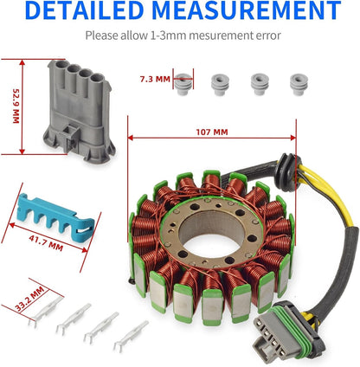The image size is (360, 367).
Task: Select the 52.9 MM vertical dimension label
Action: [16, 105]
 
